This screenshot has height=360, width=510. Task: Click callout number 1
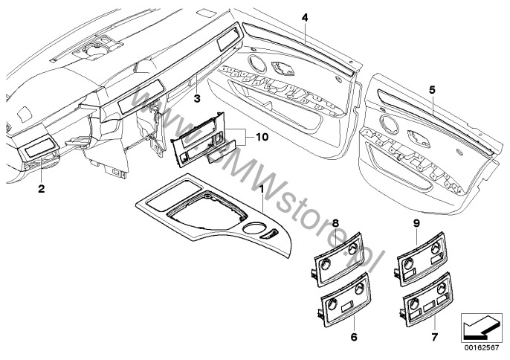[260, 190]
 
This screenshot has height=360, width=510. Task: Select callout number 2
[42, 189]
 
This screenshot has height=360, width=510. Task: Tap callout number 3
[196, 97]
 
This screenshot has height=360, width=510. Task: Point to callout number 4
[305, 17]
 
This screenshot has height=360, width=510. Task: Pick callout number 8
[335, 222]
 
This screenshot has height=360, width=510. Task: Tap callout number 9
[417, 223]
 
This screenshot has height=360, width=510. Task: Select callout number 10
[259, 138]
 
